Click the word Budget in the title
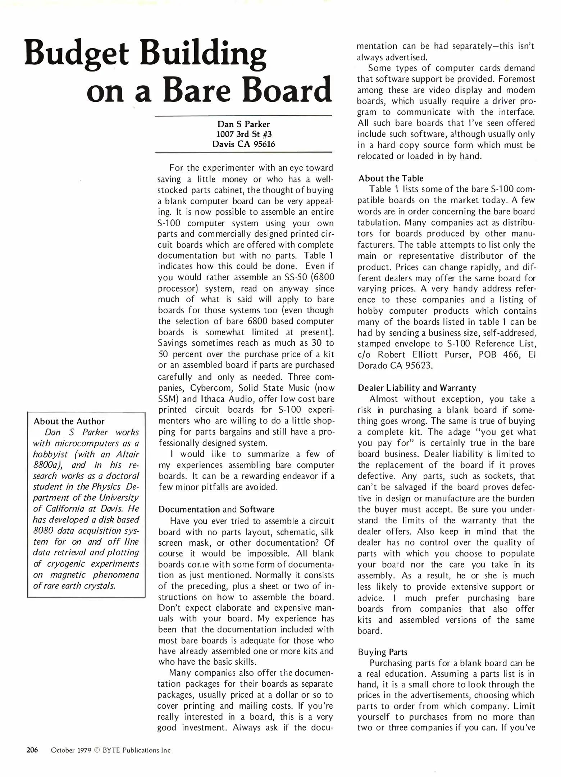pos(76,54)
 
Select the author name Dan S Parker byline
pos(243,124)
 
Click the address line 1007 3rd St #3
pos(243,134)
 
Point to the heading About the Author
pos(69,421)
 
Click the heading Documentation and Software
pos(216,509)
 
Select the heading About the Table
pos(391,178)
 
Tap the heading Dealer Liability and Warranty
pos(417,388)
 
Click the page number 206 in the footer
pos(32,750)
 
